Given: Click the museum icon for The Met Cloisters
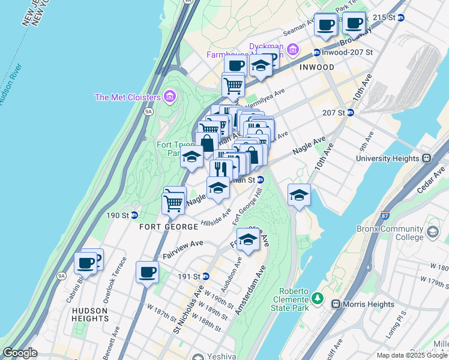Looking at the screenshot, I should coord(169,97).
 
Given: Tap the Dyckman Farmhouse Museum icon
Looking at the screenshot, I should coord(293,49).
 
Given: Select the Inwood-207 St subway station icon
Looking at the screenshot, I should coord(316,53).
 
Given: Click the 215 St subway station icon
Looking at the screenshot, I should coord(401,18).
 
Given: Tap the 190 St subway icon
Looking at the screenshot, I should coord(134,215).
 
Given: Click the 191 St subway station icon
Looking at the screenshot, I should coord(206,277).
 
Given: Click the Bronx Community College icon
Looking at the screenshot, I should coord(432,232).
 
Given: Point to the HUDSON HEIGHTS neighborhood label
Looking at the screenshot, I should coord(89,314).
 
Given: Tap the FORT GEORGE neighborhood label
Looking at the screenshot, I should coord(169,227).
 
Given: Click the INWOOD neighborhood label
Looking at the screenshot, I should coord(317,67).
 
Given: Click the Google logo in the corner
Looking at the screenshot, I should coord(19,353).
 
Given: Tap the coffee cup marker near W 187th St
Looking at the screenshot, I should coord(147,272).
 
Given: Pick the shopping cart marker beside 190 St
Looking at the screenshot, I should coord(173,203).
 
